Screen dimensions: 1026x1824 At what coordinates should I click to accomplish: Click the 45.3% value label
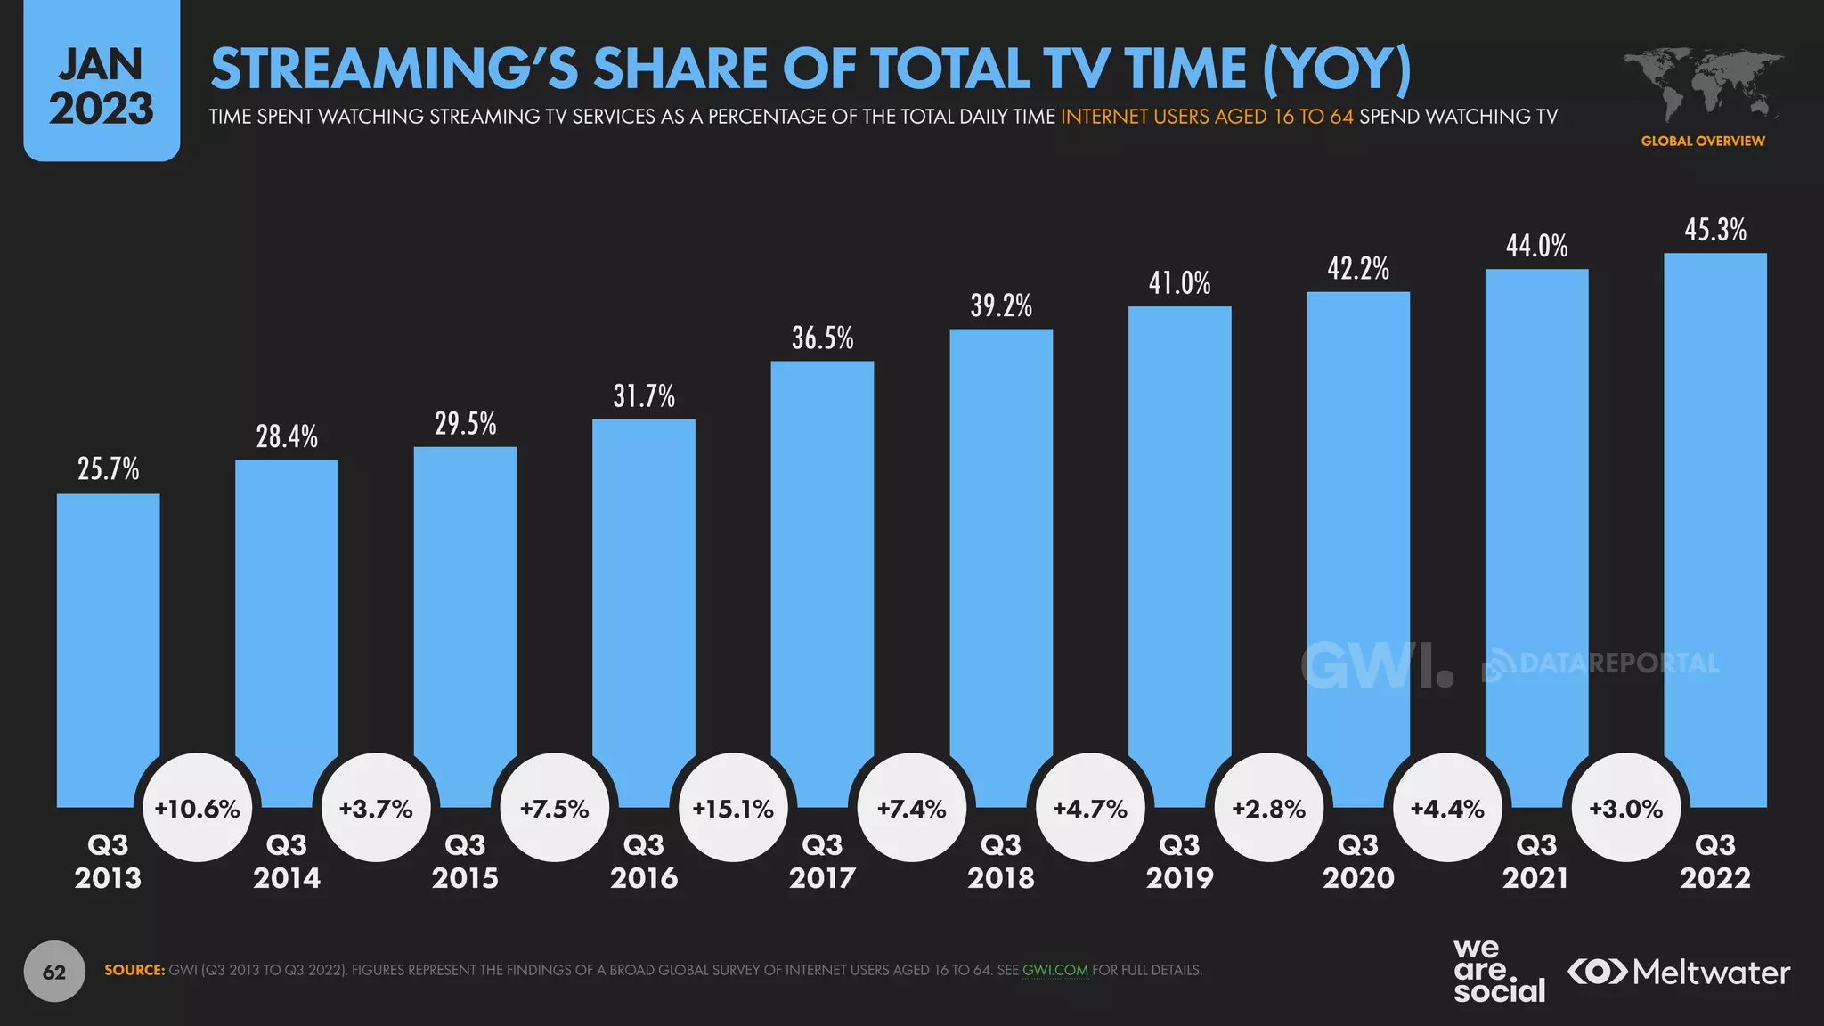pos(1714,230)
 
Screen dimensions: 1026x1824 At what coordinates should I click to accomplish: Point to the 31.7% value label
pos(643,395)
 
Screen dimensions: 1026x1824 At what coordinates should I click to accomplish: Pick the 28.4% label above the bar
pos(286,436)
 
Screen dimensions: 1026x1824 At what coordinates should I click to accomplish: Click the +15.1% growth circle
pos(733,809)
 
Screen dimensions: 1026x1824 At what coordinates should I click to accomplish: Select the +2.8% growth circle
pos(1268,809)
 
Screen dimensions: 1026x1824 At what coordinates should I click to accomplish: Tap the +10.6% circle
pos(197,809)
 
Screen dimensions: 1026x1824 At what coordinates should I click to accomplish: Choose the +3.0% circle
pos(1626,809)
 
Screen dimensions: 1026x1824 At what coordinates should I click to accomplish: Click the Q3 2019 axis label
pos(1179,861)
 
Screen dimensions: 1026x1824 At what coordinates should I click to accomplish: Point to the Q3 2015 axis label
pos(465,861)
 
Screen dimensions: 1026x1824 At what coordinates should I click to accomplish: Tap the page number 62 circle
pos(54,972)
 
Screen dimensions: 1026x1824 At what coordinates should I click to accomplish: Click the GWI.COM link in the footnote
pos(1054,970)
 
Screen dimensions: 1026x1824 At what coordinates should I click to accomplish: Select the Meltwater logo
pos(1679,972)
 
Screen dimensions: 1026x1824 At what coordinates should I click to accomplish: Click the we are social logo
pos(1498,971)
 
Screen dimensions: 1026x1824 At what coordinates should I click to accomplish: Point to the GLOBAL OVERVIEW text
pos(1702,141)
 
